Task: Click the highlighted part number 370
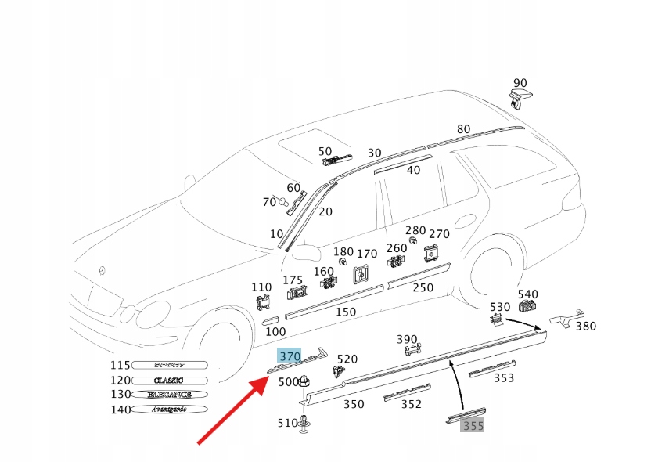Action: click(290, 356)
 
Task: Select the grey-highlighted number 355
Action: click(473, 426)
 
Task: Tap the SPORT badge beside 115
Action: click(169, 365)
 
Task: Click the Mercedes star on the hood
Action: click(101, 272)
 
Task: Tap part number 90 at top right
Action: click(520, 83)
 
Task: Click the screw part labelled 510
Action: click(305, 424)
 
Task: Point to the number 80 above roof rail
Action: click(464, 129)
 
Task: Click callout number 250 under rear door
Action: click(423, 287)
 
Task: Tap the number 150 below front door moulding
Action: click(345, 312)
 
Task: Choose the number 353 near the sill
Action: click(504, 378)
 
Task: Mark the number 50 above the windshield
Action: click(325, 151)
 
